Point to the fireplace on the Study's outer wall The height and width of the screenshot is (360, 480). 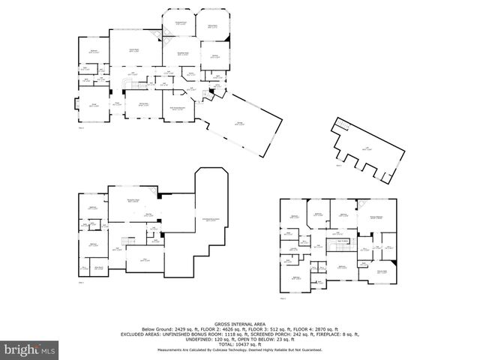tap(74, 106)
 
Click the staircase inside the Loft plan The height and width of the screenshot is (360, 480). tap(342, 124)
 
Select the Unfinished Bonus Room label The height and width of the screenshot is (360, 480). tap(210, 219)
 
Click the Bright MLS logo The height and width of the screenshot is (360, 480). tap(29, 349)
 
